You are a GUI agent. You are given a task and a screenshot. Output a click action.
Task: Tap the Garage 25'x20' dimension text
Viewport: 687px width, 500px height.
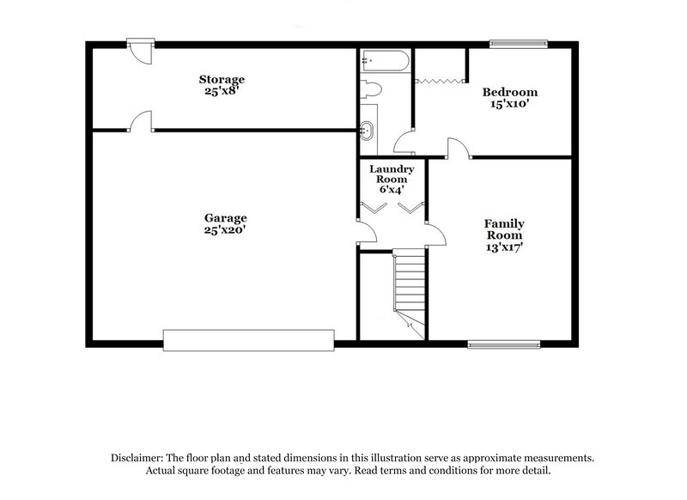(226, 230)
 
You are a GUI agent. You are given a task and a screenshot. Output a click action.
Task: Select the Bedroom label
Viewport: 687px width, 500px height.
(509, 93)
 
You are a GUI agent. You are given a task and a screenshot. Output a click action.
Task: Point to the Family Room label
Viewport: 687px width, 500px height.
(505, 230)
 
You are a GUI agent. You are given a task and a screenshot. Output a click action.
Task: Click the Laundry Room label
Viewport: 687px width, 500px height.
(392, 174)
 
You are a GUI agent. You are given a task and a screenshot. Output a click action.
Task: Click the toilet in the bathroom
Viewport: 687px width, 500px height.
(370, 90)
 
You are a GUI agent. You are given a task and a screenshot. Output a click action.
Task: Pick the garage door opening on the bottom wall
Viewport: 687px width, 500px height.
(248, 339)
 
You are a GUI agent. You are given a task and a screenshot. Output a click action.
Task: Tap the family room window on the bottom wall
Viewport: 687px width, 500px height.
(495, 344)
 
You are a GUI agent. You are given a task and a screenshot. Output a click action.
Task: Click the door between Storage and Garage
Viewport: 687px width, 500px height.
(141, 123)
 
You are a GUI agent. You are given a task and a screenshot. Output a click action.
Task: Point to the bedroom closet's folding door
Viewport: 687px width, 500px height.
(440, 81)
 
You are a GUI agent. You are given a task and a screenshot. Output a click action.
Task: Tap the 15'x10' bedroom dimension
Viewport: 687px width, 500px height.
(509, 105)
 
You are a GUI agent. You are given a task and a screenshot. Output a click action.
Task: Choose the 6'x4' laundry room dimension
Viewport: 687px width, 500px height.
(392, 189)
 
